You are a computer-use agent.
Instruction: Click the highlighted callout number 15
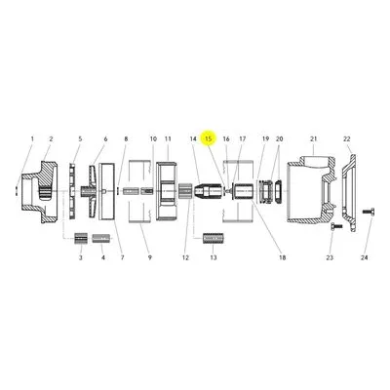tap(209, 138)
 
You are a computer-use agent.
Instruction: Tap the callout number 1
tap(32, 138)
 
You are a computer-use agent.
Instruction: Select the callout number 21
tap(313, 138)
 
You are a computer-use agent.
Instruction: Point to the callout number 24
tap(365, 257)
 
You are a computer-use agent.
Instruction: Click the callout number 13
tap(214, 257)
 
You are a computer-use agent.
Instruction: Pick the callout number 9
tap(150, 257)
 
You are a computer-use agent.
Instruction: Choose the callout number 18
tap(282, 257)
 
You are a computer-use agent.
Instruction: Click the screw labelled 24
tap(369, 212)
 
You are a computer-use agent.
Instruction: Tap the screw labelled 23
tap(336, 225)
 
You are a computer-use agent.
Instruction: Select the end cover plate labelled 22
tap(348, 193)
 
